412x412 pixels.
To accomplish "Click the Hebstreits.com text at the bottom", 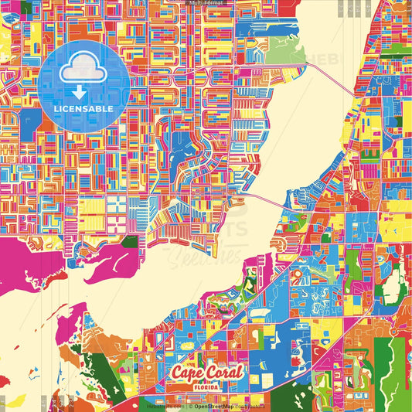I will (x=163, y=405).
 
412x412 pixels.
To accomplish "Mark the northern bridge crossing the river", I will (x=325, y=74).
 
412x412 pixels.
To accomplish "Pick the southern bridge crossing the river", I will (x=267, y=203).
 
